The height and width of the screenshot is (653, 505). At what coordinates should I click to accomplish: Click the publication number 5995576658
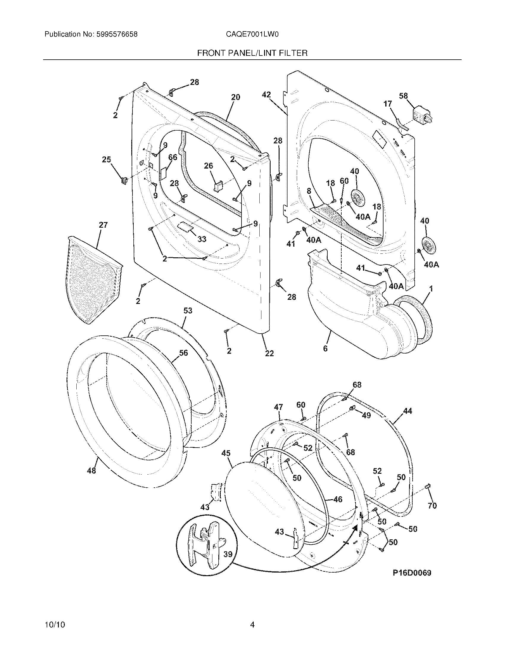[x=117, y=34]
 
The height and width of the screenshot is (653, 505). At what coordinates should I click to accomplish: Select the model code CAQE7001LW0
[x=252, y=34]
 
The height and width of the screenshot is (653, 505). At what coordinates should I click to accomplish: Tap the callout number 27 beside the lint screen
[x=103, y=225]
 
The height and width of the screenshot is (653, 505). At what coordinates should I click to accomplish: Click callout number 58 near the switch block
[x=403, y=96]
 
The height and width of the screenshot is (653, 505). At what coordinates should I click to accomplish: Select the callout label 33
[x=202, y=239]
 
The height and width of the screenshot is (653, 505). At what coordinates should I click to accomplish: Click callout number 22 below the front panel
[x=269, y=354]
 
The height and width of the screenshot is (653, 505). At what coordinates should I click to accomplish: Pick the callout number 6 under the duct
[x=325, y=348]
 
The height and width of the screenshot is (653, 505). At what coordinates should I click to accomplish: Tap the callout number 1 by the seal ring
[x=431, y=289]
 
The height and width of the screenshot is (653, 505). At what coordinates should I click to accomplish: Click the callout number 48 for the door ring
[x=91, y=470]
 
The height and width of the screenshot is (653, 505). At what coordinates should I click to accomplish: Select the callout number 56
[x=183, y=353]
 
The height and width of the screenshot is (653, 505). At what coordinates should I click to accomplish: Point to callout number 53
[x=187, y=311]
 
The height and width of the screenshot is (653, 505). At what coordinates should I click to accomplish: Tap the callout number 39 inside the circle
[x=228, y=554]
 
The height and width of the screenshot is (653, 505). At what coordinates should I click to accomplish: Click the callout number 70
[x=432, y=505]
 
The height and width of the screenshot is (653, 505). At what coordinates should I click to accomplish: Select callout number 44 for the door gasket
[x=408, y=411]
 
